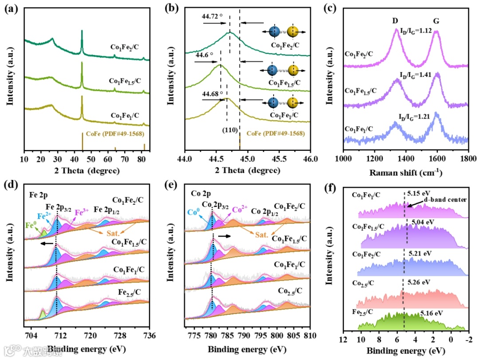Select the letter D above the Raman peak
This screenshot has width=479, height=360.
[395, 21]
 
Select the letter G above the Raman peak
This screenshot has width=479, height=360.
[436, 21]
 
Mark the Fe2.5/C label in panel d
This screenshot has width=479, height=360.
[130, 293]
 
